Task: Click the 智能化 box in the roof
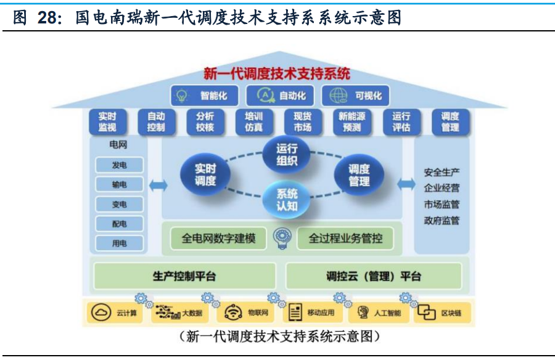click(204, 96)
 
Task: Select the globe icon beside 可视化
click(339, 96)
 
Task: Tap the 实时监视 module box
click(107, 122)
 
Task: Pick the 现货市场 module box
click(303, 122)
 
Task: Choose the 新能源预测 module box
click(352, 122)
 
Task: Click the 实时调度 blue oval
click(205, 175)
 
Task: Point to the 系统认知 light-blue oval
click(287, 200)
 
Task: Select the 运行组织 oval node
click(287, 155)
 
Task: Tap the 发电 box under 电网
click(119, 165)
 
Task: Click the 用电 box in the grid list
click(119, 243)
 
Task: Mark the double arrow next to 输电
click(158, 185)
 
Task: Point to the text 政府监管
click(442, 221)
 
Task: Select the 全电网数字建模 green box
click(218, 239)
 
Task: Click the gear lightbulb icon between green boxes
click(282, 238)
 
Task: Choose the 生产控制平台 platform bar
click(184, 276)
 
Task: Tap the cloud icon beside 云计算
click(101, 313)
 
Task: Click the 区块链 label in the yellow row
click(451, 313)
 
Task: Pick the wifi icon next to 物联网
click(233, 313)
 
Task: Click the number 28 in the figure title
click(46, 17)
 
